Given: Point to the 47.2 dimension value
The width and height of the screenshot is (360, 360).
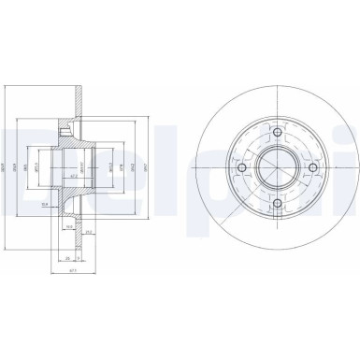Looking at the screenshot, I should point(73,174).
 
